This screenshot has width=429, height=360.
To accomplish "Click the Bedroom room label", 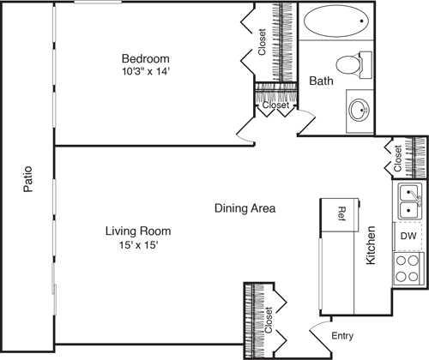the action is coord(146,58).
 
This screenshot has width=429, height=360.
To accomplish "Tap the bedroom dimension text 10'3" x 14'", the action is coord(146,71).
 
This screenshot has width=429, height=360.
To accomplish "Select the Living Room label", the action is coord(138,231).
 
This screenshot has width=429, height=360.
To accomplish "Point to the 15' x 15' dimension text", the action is coord(139,245).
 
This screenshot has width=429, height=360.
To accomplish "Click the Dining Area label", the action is coord(245,208).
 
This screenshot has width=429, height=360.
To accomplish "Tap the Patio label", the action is coord(28,179).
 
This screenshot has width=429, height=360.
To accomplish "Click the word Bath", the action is coord(321,81).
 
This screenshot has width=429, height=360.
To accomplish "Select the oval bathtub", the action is coord(335,21).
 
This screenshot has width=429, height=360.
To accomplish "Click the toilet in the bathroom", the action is coord(353,65).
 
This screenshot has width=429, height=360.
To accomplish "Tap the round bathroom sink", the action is coord(360,110).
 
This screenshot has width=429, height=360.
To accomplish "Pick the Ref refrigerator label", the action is coord(341,213).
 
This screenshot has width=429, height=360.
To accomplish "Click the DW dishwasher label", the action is coord(408,236).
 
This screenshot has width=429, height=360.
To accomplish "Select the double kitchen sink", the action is coord(410,201).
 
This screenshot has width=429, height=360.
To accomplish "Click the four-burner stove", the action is coord(408,268).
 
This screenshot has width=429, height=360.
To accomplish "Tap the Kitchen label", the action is coord(371,245).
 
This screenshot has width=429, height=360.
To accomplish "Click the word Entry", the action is coord(342,336).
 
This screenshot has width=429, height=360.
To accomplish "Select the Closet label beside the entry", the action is coord(269,320).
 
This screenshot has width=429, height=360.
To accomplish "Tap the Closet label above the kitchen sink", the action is coord(398,159).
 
